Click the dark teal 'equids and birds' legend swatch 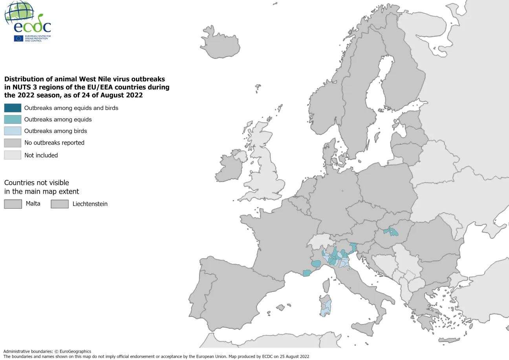pos(13,108)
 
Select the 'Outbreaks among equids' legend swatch pos(13,119)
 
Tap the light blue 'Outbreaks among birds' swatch pos(13,131)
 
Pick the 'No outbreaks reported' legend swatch pos(13,143)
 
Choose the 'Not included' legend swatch pos(13,155)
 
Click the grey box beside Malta pos(13,204)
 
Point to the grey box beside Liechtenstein pos(60,204)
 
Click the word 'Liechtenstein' pos(90,204)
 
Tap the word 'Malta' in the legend pos(33,204)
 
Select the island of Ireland pos(230,167)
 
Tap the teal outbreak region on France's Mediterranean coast pos(307,273)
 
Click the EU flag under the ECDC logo pos(18,38)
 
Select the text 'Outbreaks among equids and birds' pos(71,108)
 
